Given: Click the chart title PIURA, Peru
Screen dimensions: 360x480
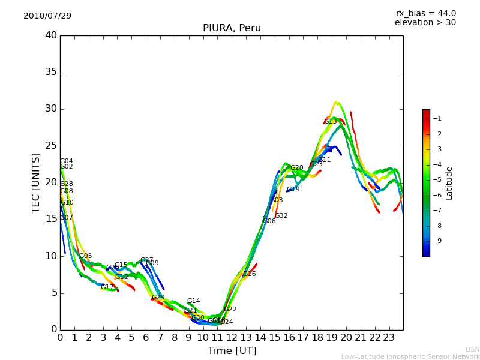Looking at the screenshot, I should (x=232, y=28).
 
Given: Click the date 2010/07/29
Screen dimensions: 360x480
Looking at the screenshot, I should (x=47, y=16).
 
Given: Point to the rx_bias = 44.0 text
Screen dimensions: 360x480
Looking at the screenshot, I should (x=425, y=13).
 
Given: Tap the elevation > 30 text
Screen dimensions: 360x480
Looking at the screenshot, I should (x=425, y=23).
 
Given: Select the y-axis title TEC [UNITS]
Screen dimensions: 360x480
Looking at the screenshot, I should (x=36, y=182).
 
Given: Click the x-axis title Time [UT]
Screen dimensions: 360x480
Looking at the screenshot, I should (x=232, y=350).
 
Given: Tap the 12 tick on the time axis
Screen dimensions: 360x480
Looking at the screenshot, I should (x=232, y=337).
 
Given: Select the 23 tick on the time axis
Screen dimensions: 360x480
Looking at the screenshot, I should (x=389, y=337).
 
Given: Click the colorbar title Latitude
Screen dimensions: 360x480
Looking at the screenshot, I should (x=449, y=183).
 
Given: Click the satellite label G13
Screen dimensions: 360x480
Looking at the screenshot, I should (x=331, y=122).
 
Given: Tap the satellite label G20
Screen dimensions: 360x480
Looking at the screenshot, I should (x=297, y=168).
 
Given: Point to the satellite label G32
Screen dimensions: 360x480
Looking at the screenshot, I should (x=281, y=216).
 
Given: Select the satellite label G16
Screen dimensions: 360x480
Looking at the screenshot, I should (x=249, y=274).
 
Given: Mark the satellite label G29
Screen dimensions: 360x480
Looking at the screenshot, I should (x=158, y=298).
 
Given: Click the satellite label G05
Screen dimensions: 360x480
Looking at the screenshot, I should (x=86, y=256).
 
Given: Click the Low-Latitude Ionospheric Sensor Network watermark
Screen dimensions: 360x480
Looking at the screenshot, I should (x=410, y=356).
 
